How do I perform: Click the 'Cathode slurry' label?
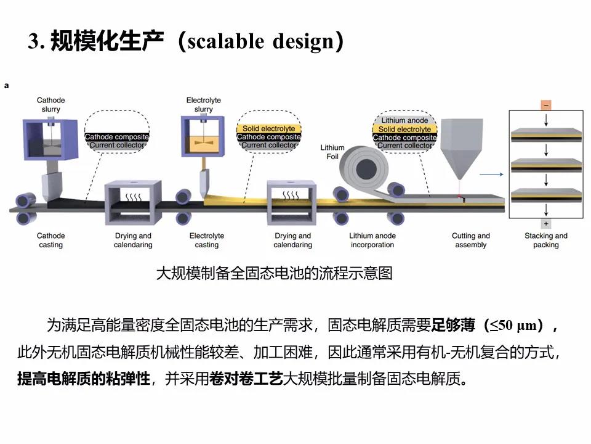pos(50,105)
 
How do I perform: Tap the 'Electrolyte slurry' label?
pos(203,105)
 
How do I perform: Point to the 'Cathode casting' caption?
pos(50,240)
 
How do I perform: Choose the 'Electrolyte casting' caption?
pos(207,240)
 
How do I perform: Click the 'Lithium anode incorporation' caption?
pos(372,240)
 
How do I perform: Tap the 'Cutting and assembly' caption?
pos(470,240)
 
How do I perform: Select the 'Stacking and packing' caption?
pos(545,240)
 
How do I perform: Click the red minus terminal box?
pos(546,105)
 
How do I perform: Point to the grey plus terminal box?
pos(546,223)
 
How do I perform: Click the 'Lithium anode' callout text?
pos(404,121)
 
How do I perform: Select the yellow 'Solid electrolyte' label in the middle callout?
pos(269,129)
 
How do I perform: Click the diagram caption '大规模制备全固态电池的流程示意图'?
pos(274,273)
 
